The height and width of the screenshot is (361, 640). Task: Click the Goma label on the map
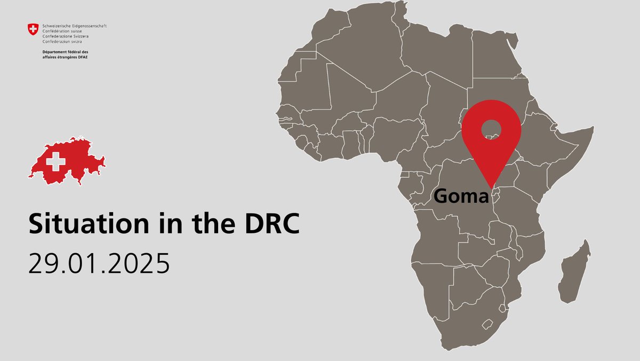pyautogui.click(x=461, y=196)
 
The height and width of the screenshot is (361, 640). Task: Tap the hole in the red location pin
pyautogui.click(x=491, y=129)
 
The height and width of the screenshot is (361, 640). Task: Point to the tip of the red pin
pyautogui.click(x=491, y=188)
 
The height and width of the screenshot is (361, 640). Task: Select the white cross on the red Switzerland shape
pyautogui.click(x=55, y=160)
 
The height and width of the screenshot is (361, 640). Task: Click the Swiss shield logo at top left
pyautogui.click(x=34, y=29)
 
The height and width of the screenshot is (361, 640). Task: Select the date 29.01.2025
pyautogui.click(x=99, y=263)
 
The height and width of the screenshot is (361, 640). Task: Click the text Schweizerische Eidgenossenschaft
pyautogui.click(x=74, y=26)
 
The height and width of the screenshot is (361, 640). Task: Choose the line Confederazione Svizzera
pyautogui.click(x=66, y=36)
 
